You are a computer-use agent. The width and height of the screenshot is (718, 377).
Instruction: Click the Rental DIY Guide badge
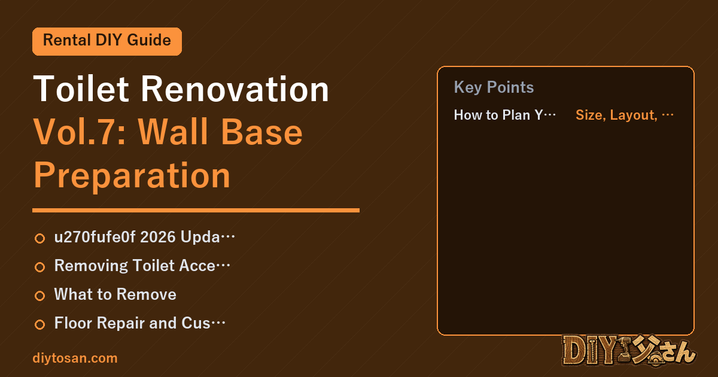(107, 41)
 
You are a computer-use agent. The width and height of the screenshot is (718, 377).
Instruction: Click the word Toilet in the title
(81, 89)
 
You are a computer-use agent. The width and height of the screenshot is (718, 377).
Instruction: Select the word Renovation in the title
(235, 89)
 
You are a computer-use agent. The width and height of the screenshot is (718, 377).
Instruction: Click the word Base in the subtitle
(261, 132)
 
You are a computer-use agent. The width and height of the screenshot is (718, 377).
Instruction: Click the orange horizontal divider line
(196, 210)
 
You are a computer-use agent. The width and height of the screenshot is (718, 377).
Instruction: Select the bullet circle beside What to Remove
(39, 296)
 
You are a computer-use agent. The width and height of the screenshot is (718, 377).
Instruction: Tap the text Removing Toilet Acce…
(142, 266)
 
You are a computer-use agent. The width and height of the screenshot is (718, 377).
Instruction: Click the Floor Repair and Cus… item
(140, 323)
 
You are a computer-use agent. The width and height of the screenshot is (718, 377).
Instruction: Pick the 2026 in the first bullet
(158, 237)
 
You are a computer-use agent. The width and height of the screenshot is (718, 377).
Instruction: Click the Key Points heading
(494, 87)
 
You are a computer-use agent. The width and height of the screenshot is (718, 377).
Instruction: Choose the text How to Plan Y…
(505, 115)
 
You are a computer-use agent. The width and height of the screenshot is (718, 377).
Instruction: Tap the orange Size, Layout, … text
(625, 115)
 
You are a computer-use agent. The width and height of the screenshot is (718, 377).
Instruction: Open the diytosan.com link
(75, 358)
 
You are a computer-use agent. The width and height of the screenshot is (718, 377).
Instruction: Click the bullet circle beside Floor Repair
(39, 324)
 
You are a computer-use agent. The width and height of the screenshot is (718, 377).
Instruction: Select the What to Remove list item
(115, 294)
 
